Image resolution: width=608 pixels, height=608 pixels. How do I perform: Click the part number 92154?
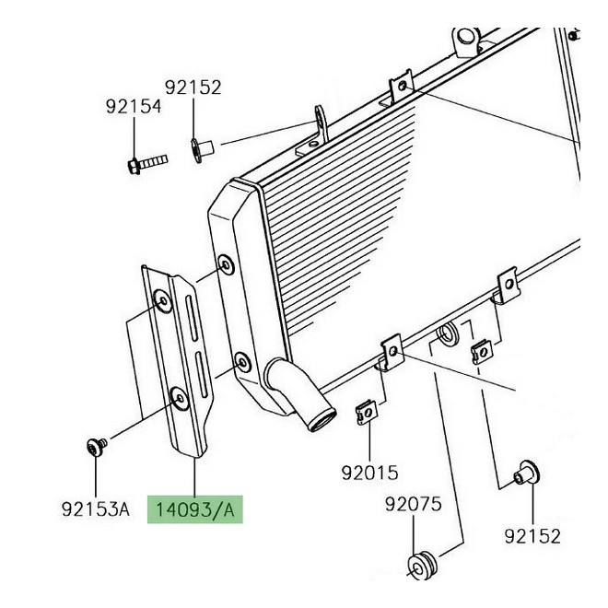[x=134, y=107]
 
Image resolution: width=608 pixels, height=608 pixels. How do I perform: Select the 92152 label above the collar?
[x=193, y=88]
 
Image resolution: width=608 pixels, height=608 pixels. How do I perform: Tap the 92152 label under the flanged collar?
[x=532, y=537]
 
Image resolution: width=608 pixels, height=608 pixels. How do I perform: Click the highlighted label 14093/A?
[x=194, y=509]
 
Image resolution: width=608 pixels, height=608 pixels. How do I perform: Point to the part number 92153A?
[x=96, y=509]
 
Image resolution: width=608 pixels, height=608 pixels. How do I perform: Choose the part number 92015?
[x=369, y=473]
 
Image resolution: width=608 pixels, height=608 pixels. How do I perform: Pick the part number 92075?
[x=414, y=504]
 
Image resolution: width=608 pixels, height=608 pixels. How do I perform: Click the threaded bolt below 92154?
[x=147, y=164]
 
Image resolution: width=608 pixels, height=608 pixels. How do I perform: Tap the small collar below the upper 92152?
[x=202, y=150]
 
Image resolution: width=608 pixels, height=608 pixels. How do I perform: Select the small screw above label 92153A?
[x=96, y=447]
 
